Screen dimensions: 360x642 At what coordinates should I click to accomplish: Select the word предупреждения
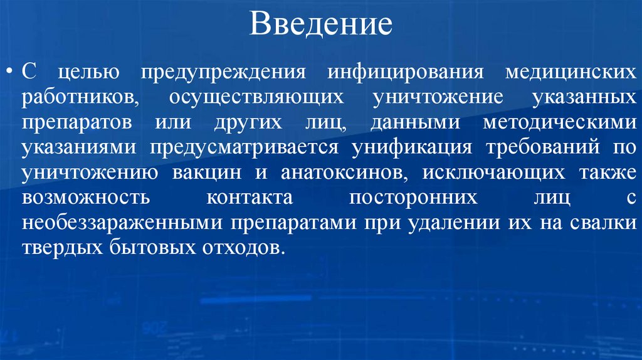point(223,70)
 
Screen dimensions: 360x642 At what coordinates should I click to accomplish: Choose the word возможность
point(85,199)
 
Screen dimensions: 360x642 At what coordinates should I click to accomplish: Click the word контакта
point(249,199)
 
